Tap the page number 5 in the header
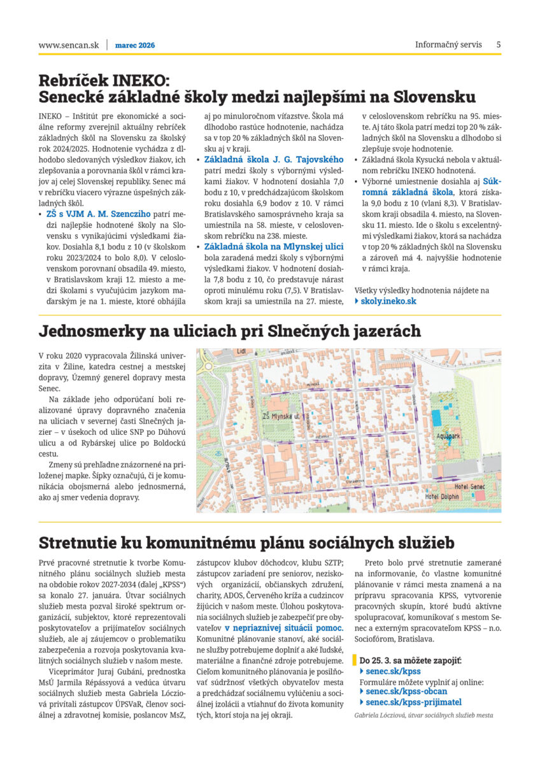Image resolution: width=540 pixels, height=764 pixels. [x=499, y=45]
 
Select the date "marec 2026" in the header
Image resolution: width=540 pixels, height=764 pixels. [x=135, y=45]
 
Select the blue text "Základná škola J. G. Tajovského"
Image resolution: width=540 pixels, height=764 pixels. [x=274, y=159]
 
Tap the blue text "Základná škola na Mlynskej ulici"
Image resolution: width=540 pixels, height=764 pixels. [x=274, y=246]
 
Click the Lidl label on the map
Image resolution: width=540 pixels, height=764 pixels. [x=241, y=351]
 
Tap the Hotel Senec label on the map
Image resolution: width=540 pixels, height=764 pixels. [x=471, y=486]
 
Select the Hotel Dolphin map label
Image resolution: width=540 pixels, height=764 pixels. [x=443, y=497]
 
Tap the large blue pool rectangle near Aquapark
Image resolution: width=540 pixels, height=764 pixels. [x=437, y=418]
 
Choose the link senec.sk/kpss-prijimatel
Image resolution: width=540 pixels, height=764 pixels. [x=413, y=702]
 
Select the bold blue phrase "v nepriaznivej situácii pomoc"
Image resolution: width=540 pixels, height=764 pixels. [x=284, y=628]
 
